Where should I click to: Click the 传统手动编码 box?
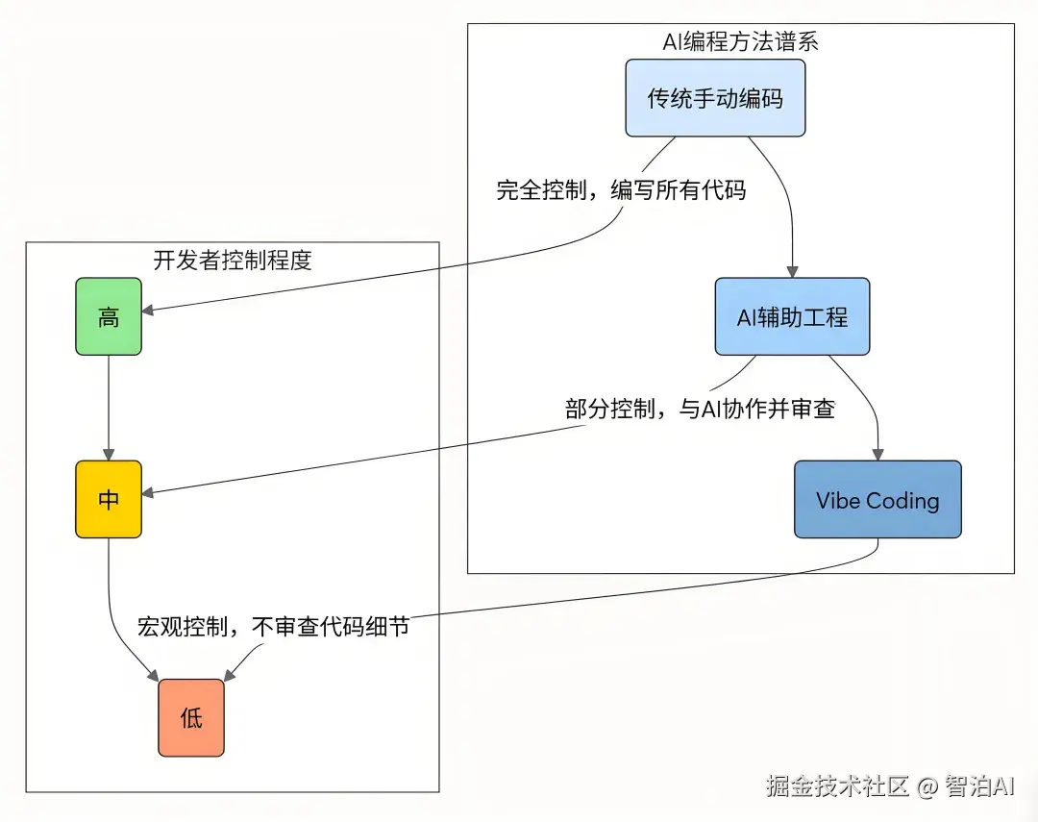(715, 98)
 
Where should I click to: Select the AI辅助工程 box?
(792, 317)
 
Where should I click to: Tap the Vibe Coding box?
(877, 500)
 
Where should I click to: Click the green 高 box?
(109, 317)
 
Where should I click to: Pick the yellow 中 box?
(109, 500)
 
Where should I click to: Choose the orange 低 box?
(191, 718)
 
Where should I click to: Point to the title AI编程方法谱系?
(740, 42)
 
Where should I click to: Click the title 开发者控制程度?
(233, 261)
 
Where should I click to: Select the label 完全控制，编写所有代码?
(621, 190)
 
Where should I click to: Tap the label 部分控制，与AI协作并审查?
(701, 409)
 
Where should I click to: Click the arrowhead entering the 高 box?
(149, 311)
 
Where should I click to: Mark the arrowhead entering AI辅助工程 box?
(792, 272)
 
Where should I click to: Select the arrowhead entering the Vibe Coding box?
(877, 454)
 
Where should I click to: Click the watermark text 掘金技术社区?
(837, 786)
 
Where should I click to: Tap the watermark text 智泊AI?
(978, 786)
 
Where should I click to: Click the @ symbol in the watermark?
(927, 787)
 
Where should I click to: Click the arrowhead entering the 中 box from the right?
(149, 493)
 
